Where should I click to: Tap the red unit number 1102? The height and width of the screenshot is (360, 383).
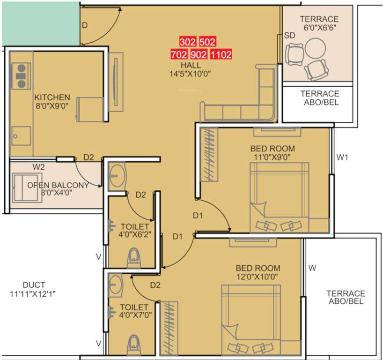click(x=221, y=54)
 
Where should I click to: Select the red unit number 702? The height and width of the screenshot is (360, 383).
click(x=179, y=54)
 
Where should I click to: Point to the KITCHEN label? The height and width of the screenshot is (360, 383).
click(x=52, y=97)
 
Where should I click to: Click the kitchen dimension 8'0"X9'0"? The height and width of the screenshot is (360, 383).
click(x=52, y=106)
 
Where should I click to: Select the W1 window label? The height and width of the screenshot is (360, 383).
click(x=343, y=157)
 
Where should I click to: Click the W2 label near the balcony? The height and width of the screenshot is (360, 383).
click(x=38, y=166)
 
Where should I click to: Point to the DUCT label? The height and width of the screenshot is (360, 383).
click(x=34, y=285)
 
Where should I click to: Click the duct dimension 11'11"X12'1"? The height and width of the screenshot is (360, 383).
click(x=34, y=294)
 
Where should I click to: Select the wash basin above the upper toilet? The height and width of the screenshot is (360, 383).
click(x=117, y=174)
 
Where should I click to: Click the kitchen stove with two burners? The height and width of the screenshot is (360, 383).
click(x=21, y=75)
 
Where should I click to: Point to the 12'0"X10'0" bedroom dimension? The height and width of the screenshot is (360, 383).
click(x=257, y=277)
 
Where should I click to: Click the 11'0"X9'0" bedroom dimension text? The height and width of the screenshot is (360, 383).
click(x=273, y=157)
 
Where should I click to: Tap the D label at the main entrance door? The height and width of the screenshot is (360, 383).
click(x=85, y=25)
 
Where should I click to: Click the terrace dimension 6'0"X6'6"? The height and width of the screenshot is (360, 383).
click(x=319, y=28)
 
